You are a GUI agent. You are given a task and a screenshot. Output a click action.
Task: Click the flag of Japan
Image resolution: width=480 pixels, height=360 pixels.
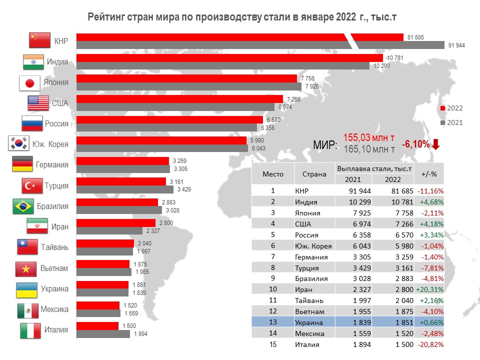(x=29, y=82)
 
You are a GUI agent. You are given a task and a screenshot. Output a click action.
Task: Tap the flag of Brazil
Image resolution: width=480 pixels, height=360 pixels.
(x=23, y=206)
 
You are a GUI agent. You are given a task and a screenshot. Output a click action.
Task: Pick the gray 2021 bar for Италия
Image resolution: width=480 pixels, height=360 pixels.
(x=103, y=334)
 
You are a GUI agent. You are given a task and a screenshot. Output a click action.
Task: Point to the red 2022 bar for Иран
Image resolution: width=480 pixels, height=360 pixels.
(x=115, y=222)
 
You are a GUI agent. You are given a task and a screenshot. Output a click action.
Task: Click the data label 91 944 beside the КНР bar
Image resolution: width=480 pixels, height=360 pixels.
(x=457, y=45)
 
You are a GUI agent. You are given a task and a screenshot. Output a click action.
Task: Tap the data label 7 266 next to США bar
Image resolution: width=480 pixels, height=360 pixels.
(x=292, y=99)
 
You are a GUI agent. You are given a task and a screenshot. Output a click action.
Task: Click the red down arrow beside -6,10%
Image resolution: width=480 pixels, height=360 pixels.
(x=435, y=144)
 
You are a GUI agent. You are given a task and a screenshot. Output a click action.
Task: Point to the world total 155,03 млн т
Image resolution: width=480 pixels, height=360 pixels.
(x=369, y=137)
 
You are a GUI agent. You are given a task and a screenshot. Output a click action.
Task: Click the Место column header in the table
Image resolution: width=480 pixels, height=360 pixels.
(x=273, y=174)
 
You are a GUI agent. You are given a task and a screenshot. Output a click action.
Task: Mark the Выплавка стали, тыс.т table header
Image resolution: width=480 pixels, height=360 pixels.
(x=374, y=169)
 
